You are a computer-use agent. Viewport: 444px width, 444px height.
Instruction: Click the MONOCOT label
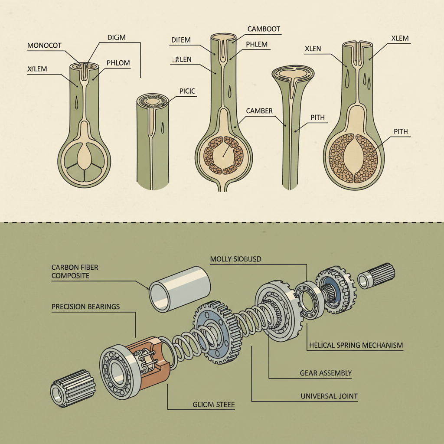(45, 45)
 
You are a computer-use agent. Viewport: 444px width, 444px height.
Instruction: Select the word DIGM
(116, 37)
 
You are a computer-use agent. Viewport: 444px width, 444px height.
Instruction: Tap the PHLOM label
(118, 63)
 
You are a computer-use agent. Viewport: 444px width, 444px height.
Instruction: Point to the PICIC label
(187, 91)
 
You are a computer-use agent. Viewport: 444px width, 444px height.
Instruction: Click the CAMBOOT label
(264, 29)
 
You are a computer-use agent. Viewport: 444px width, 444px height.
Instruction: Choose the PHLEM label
(257, 44)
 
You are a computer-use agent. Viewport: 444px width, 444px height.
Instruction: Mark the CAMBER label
(259, 111)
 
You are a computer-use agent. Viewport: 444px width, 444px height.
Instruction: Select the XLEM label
(400, 38)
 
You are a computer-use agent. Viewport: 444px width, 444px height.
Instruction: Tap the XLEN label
(313, 49)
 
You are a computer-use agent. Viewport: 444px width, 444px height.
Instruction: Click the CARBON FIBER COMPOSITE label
(75, 271)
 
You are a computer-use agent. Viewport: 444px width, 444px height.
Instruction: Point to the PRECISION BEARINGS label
(85, 307)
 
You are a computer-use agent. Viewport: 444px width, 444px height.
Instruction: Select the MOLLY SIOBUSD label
(235, 259)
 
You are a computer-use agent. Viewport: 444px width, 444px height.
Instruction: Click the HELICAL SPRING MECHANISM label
(356, 346)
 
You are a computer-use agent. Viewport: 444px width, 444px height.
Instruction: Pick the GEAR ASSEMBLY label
(326, 373)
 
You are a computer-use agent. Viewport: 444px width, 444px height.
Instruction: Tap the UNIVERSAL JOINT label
(329, 396)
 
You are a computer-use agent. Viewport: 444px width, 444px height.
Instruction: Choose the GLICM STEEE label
(213, 405)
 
